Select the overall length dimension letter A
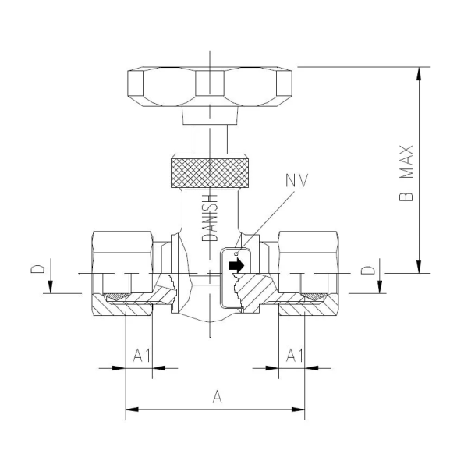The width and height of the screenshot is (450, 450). [x=218, y=397]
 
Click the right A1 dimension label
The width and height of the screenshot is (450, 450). [x=294, y=356]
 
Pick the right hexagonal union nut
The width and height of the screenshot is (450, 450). [x=304, y=253]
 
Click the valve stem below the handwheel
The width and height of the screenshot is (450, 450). [x=210, y=141]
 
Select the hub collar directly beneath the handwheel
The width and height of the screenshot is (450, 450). [x=210, y=115]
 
